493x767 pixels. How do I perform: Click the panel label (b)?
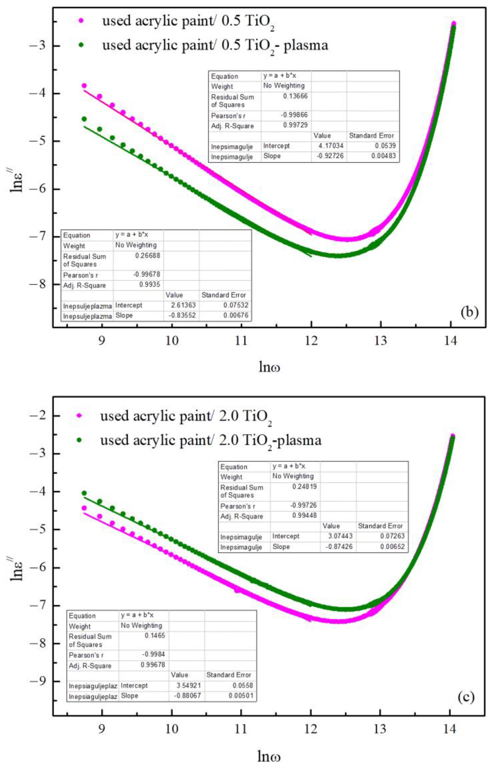pos(469,312)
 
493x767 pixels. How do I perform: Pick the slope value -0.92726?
pos(330,156)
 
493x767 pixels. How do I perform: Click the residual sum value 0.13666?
pos(295,96)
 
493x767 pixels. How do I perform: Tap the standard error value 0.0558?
pos(244,685)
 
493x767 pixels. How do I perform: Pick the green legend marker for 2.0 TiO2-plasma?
pos(79,440)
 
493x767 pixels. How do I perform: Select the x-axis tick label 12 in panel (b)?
pos(311,341)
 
